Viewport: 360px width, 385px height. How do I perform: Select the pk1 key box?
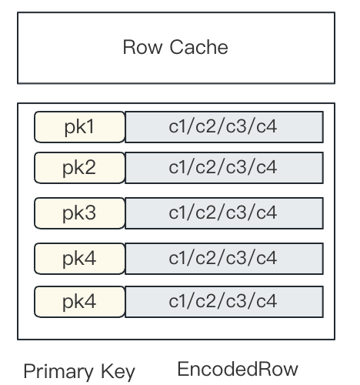(79, 127)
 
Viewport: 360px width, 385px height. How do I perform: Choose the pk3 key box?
(79, 213)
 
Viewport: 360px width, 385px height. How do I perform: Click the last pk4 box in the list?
(79, 302)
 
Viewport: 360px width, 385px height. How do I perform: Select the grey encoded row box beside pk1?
(224, 127)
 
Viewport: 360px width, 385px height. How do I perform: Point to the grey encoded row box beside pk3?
(224, 213)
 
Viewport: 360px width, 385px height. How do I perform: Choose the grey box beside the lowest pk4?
(224, 302)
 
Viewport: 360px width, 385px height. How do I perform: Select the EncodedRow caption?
(238, 369)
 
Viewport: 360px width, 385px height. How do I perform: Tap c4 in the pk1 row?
(266, 127)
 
